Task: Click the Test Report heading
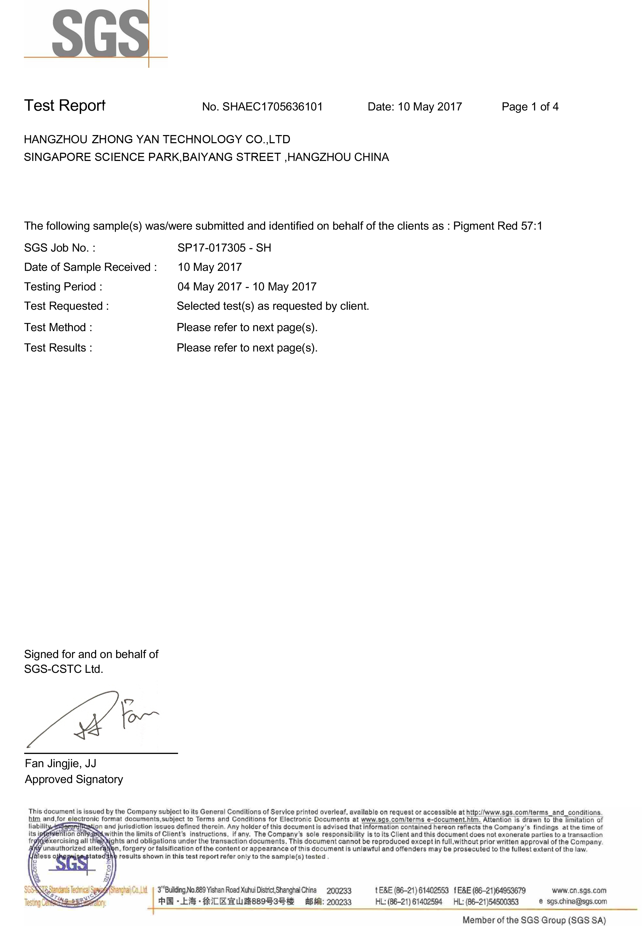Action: pos(64,105)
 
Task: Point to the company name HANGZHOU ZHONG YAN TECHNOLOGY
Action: pos(157,139)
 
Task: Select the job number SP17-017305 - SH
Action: pos(224,248)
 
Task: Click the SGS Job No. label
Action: pos(59,248)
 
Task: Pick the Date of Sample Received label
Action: pos(90,267)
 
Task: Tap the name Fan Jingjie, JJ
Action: pos(60,763)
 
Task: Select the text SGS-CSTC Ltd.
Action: pos(64,669)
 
